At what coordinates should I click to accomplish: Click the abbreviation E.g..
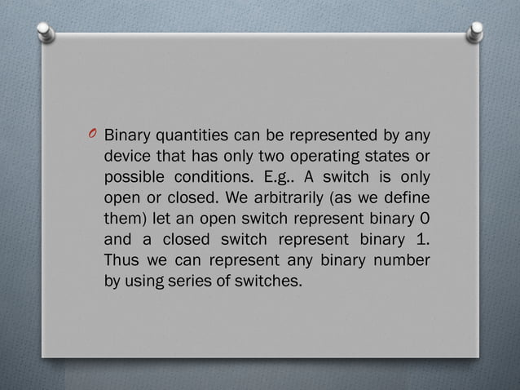point(283,177)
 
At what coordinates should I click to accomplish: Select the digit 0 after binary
point(426,219)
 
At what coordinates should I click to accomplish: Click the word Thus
point(121,262)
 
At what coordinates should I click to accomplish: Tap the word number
point(405,262)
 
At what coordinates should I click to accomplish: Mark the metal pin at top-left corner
point(47,31)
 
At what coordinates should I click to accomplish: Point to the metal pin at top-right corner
point(474,32)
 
